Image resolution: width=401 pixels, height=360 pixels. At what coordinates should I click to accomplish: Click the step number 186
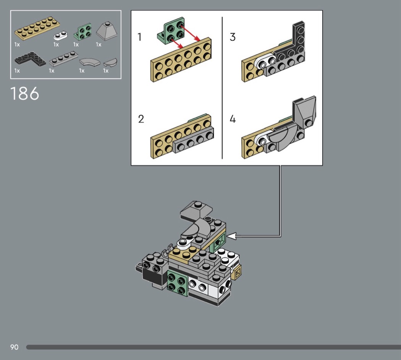click(24, 93)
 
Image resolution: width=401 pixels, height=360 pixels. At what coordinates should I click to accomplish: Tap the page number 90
click(15, 347)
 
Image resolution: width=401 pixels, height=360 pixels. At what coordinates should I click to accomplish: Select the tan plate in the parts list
click(37, 28)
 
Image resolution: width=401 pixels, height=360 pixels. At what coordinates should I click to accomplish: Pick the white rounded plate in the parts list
click(61, 35)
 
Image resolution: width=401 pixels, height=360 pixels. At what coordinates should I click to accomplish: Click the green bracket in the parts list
click(83, 32)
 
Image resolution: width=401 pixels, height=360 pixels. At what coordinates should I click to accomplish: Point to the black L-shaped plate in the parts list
click(30, 58)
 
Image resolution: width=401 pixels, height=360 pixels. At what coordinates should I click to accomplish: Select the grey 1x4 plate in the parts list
click(63, 59)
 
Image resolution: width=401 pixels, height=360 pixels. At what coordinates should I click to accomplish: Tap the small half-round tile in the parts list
click(110, 62)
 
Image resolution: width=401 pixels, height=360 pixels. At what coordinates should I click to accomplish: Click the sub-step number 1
click(139, 37)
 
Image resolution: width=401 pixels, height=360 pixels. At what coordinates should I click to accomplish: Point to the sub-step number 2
click(141, 119)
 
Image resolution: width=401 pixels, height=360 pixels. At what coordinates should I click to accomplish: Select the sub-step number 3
click(233, 37)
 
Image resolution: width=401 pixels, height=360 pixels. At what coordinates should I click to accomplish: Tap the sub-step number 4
click(233, 119)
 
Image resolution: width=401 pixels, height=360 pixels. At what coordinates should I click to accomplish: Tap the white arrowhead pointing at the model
click(231, 236)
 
